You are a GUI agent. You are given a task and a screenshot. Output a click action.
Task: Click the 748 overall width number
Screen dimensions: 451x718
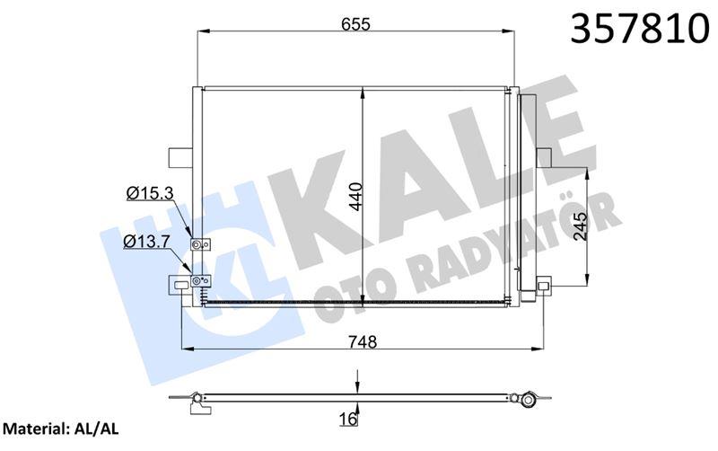pos(363,341)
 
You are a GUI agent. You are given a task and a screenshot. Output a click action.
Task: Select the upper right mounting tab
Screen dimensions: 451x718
pos(544,156)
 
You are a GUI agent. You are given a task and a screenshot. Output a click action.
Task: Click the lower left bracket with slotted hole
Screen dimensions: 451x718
pos(183,286)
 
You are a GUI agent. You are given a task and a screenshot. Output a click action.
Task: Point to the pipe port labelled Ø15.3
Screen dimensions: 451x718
pos(198,244)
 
